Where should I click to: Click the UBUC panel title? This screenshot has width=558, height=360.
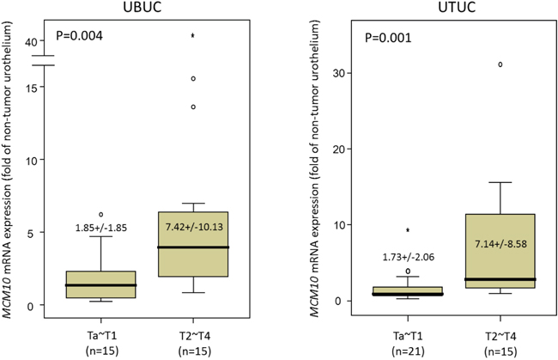(142, 7)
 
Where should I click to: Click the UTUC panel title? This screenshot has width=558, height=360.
(457, 7)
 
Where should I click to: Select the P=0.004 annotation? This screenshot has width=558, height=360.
(80, 36)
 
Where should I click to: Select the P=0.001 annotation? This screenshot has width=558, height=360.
(388, 38)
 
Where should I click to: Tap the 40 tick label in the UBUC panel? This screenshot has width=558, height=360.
(31, 42)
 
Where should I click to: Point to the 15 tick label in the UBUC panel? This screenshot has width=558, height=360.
(31, 88)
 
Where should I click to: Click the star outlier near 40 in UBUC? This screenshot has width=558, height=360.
(193, 35)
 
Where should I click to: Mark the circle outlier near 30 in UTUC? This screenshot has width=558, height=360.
(500, 64)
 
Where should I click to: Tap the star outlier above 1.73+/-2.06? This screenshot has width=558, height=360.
(408, 230)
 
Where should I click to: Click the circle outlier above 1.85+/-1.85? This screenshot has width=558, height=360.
(101, 214)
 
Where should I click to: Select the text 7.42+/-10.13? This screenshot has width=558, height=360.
(194, 227)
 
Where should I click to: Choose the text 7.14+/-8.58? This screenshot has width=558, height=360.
(500, 244)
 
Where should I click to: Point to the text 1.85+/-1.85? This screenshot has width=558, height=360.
(101, 228)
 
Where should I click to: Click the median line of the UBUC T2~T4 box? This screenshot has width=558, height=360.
(193, 247)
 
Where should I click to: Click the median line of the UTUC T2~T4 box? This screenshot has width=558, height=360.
(500, 279)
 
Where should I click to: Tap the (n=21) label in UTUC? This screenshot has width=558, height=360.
(408, 351)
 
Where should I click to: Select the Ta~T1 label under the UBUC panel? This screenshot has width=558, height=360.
(102, 336)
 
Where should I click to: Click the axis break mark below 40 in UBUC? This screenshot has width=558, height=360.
(43, 60)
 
